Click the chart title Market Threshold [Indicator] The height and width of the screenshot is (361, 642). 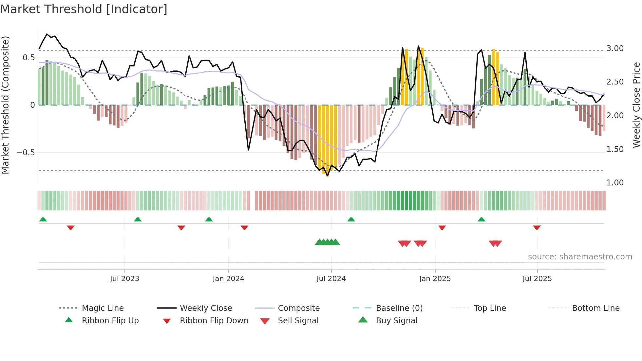pyautogui.click(x=84, y=9)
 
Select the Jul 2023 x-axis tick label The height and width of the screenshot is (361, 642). pyautogui.click(x=124, y=279)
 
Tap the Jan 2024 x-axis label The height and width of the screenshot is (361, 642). pyautogui.click(x=228, y=279)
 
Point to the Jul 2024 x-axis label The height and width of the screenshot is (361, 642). pyautogui.click(x=331, y=279)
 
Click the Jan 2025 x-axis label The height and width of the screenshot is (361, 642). pyautogui.click(x=435, y=279)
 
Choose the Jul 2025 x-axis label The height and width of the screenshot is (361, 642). pyautogui.click(x=537, y=279)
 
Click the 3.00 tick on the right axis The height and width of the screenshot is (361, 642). pyautogui.click(x=615, y=48)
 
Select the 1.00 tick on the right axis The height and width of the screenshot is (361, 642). pyautogui.click(x=615, y=183)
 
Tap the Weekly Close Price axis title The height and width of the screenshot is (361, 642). pyautogui.click(x=636, y=105)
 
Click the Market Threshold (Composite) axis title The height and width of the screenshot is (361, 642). pyautogui.click(x=5, y=105)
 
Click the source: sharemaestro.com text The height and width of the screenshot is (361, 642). pyautogui.click(x=580, y=257)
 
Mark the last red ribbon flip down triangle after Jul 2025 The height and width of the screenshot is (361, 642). pyautogui.click(x=537, y=227)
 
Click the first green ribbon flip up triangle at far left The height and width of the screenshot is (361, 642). pyautogui.click(x=43, y=219)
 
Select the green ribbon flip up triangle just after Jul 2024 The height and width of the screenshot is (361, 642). pyautogui.click(x=351, y=219)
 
